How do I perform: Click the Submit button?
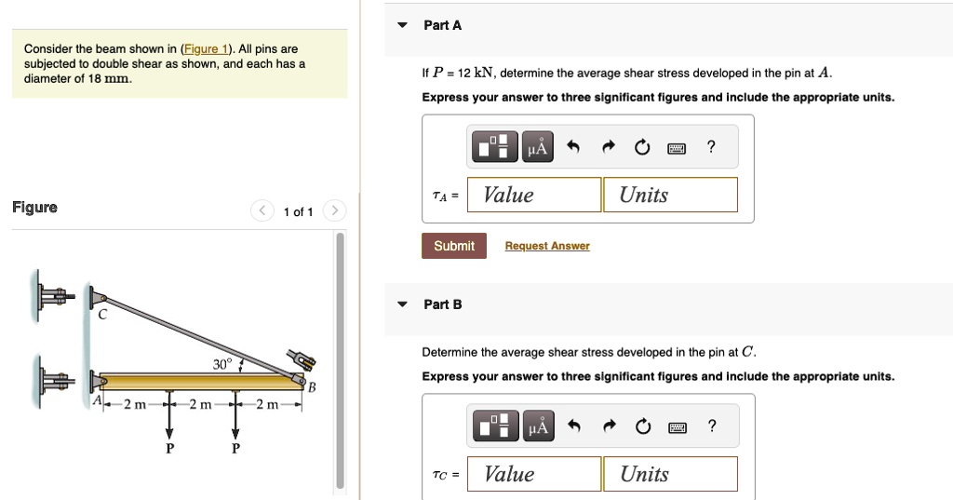tap(454, 246)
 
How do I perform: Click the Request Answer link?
tap(547, 246)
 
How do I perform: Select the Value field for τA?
tap(534, 195)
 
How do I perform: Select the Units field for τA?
tap(670, 195)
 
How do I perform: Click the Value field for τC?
tap(534, 474)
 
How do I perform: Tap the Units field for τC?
tap(670, 474)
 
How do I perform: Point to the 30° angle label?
tap(221, 364)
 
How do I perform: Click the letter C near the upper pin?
tap(102, 315)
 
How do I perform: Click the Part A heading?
tap(442, 25)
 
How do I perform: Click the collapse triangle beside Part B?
tap(402, 304)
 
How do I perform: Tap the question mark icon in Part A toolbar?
tap(711, 146)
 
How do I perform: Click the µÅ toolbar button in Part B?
tap(539, 426)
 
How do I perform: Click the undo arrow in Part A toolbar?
tap(573, 147)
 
